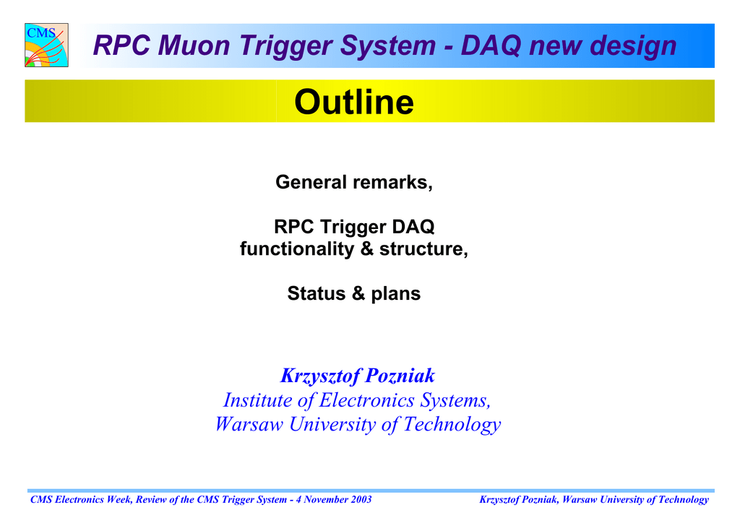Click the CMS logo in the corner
[x=46, y=45]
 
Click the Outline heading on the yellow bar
[x=354, y=102]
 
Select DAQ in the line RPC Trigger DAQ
[x=413, y=227]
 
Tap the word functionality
[x=297, y=249]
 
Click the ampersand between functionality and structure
[x=366, y=249]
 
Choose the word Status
[x=317, y=293]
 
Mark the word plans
[x=395, y=294]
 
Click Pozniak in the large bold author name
[x=400, y=376]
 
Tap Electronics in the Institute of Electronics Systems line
[x=367, y=400]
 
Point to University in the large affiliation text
[x=332, y=425]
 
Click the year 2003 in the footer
[x=361, y=499]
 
